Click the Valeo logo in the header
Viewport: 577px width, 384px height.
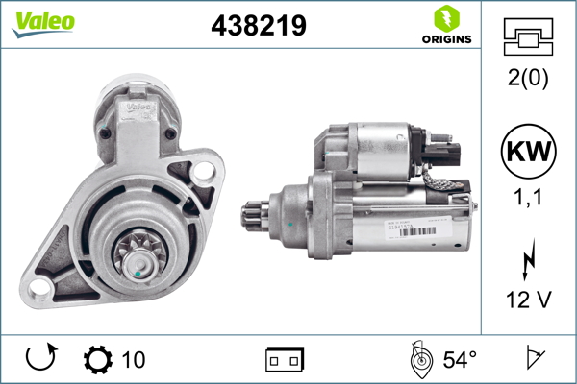(x=43, y=22)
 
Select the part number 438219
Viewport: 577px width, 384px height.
(x=259, y=26)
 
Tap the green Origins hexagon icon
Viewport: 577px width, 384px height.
(x=445, y=17)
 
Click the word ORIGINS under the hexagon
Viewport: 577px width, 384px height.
(x=445, y=39)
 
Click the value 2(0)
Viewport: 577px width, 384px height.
(x=527, y=80)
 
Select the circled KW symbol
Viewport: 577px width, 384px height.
(x=527, y=154)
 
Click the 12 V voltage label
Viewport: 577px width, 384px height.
(x=527, y=300)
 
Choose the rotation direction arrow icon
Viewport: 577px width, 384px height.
(x=39, y=360)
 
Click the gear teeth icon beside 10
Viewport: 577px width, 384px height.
(x=98, y=360)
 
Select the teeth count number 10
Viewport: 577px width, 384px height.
(x=134, y=360)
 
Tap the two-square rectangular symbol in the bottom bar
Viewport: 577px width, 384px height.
(x=285, y=360)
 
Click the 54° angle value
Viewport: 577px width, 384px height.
(x=460, y=360)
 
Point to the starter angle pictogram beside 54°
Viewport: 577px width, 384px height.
(x=420, y=360)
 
